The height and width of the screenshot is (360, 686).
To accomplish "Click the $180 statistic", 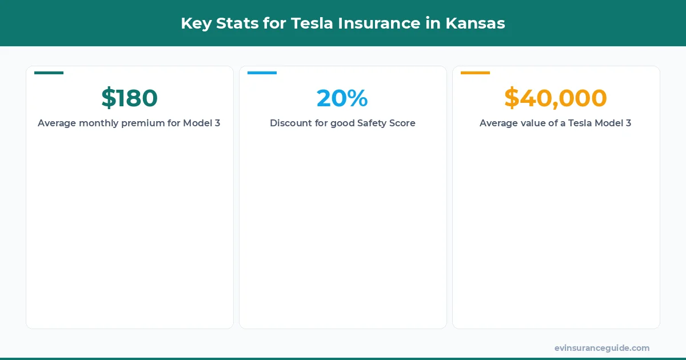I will pos(129,98).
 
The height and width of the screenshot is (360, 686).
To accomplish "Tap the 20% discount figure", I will pos(342,98).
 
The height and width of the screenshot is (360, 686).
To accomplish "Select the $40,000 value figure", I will pos(555,98).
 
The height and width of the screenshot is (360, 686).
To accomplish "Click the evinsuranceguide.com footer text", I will pos(602,348).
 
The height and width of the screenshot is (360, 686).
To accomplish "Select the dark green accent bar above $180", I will pos(49,73).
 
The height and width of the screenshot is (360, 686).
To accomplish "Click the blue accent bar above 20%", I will pos(262,73).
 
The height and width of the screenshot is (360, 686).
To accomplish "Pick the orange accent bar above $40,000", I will pos(475,73).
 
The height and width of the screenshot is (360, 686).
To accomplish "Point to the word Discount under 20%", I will pos(290,123).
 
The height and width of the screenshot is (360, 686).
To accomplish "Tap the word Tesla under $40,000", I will pos(581,123).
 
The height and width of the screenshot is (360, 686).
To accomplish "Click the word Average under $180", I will pos(57,123).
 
